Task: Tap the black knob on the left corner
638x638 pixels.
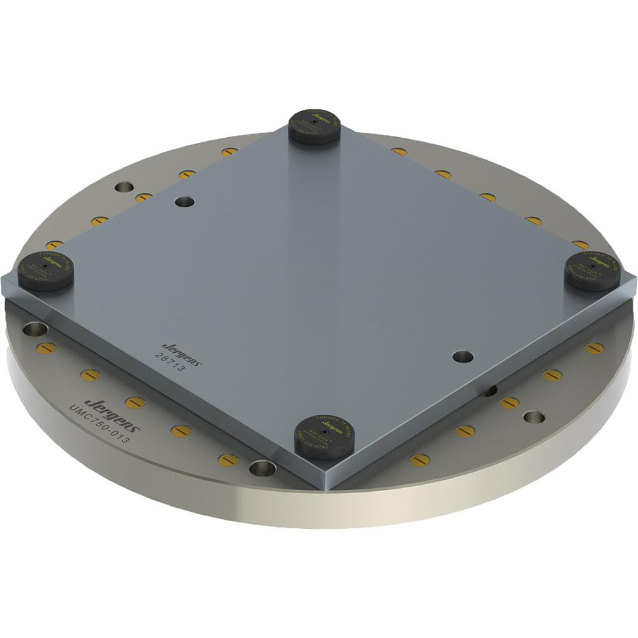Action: tap(47, 270)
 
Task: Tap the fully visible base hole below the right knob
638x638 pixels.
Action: tap(533, 418)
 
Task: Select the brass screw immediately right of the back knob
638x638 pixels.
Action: tap(399, 152)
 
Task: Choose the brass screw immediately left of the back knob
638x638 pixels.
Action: tap(229, 152)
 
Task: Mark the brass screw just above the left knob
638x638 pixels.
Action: tap(55, 244)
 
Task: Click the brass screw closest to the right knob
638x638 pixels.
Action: tap(579, 244)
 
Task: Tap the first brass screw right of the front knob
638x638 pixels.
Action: tap(419, 459)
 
